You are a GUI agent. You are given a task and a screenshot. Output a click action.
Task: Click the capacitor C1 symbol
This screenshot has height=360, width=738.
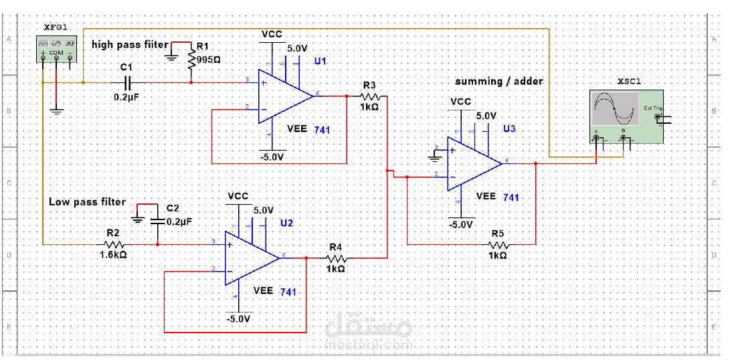click(x=128, y=82)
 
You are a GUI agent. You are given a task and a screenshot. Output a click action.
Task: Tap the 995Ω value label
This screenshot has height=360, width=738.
click(x=209, y=59)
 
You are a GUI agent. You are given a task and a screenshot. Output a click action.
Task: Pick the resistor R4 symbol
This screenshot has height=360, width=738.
click(x=337, y=258)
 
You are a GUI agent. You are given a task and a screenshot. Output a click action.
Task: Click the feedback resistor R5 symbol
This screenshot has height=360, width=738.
click(x=498, y=244)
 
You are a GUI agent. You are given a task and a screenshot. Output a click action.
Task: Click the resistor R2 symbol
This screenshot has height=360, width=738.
click(x=113, y=244)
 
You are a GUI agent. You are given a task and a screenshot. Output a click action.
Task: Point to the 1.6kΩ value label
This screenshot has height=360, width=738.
click(x=113, y=255)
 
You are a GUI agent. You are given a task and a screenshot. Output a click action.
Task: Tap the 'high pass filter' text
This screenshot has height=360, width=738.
click(x=130, y=44)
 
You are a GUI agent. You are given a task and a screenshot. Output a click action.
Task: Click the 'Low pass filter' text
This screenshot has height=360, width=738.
click(x=87, y=201)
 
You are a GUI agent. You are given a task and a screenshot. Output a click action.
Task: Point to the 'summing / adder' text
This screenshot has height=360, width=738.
click(x=498, y=81)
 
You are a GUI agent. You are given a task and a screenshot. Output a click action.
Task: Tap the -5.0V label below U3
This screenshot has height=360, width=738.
click(x=462, y=224)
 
